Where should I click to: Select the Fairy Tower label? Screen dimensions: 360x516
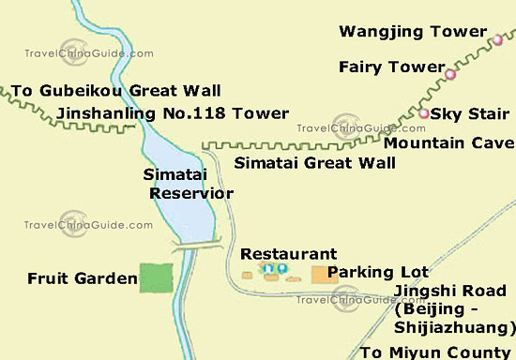pos(390,67)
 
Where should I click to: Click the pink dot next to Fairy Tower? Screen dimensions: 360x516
pos(450,74)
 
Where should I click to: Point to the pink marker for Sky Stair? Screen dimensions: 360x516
pos(423,113)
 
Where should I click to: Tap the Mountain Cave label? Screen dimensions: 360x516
pos(449,142)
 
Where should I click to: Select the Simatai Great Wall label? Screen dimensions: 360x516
pos(314,162)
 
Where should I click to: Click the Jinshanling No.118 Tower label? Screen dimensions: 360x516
pos(173,113)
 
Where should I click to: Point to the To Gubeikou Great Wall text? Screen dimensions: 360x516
pos(116,91)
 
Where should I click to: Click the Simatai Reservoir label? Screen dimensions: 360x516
pos(189,184)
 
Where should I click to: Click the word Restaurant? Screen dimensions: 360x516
pos(288,254)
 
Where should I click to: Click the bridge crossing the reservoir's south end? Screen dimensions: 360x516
pos(198,245)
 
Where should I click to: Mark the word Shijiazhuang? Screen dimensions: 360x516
pos(454,327)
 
